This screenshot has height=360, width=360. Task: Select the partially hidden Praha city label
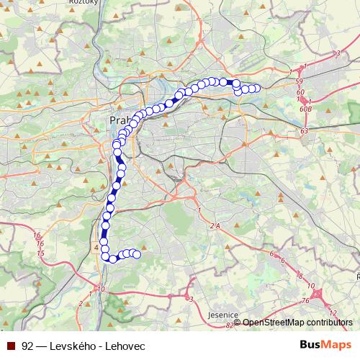120,120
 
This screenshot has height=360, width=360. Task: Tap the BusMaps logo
324,345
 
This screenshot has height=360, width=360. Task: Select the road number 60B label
305,109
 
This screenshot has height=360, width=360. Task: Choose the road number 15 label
40,253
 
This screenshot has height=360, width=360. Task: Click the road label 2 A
214,226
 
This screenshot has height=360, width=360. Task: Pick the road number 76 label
306,300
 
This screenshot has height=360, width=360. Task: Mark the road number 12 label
332,312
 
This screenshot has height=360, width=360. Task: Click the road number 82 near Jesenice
228,325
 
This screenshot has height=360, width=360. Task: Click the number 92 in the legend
27,346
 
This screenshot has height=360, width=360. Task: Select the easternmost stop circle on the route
256,89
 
